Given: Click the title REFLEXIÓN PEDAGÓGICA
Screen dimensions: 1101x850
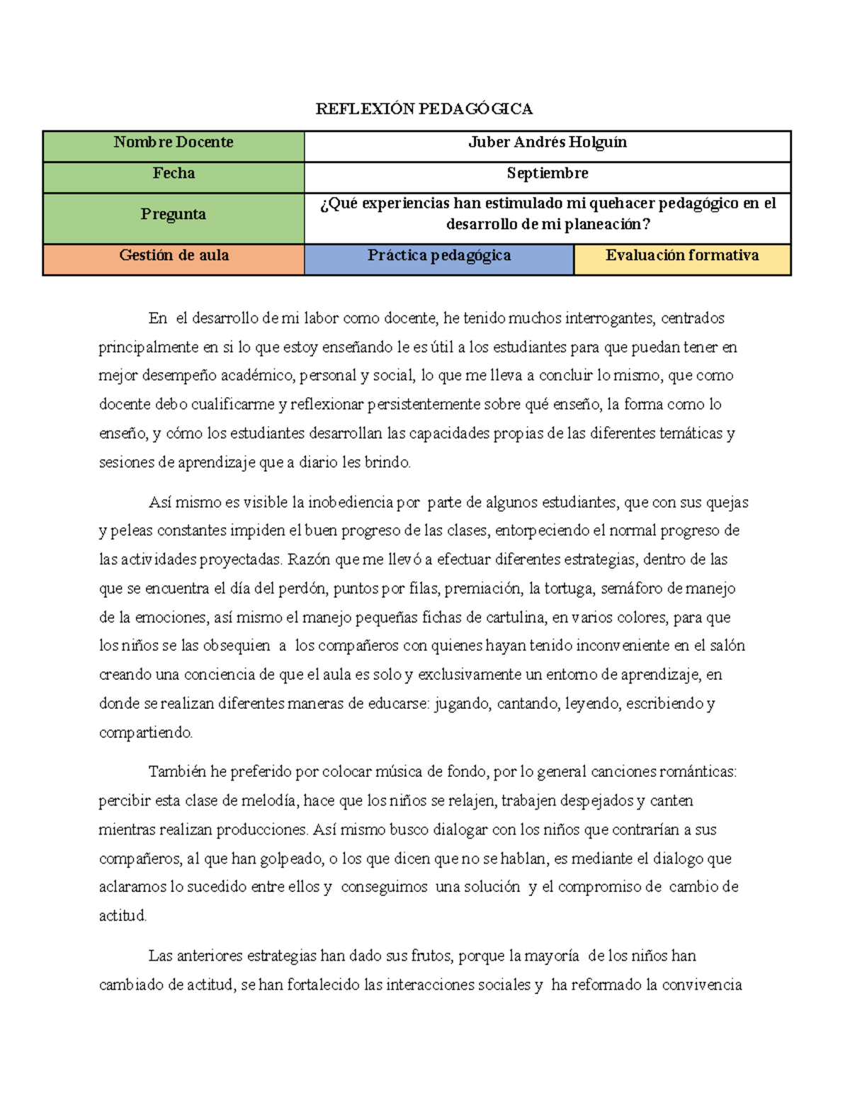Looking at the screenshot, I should (424, 108).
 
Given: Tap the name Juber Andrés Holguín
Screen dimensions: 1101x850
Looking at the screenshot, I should (547, 142).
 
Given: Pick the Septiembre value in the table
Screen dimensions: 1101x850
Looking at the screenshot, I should (547, 174).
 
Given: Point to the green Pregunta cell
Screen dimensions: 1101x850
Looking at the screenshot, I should (174, 215).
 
